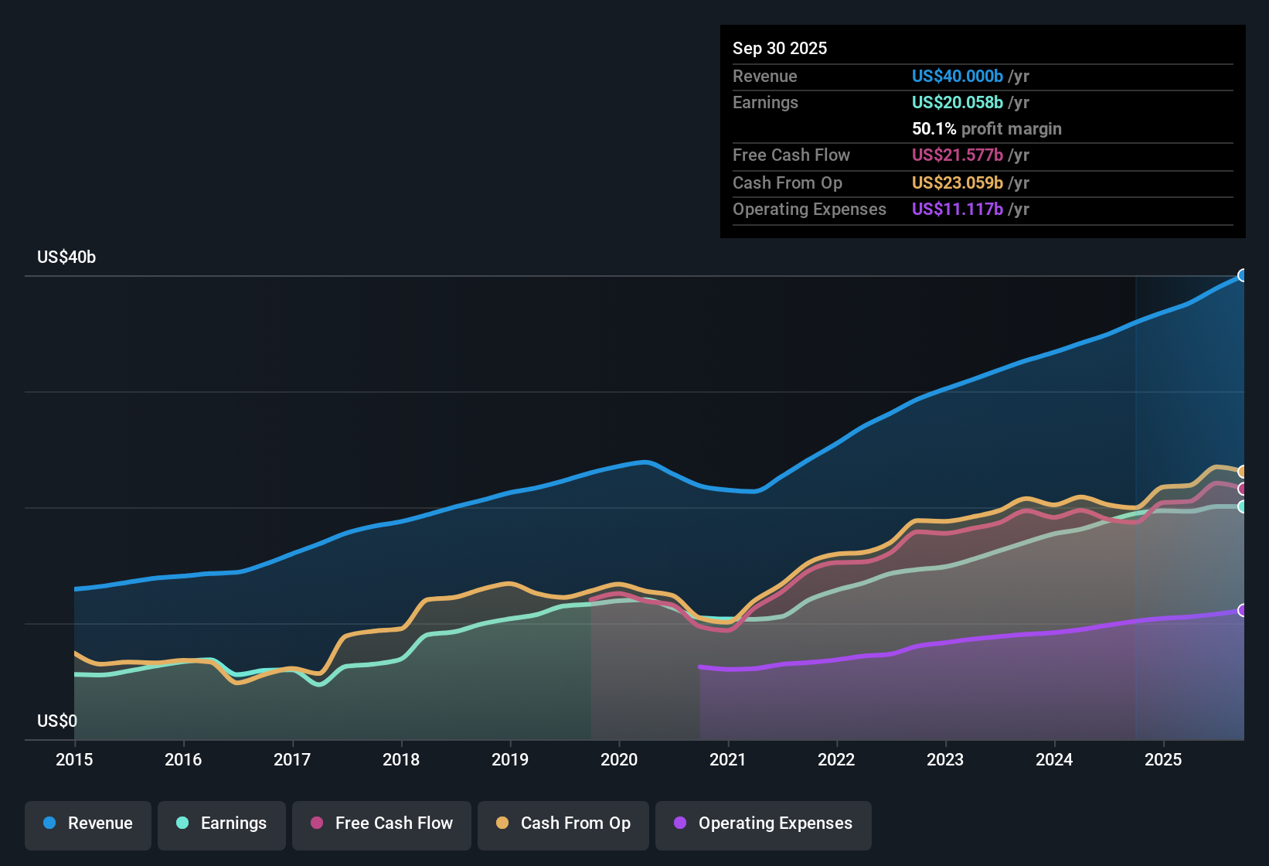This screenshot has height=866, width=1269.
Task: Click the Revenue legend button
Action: (x=88, y=823)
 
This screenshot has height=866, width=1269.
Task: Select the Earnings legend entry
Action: (x=222, y=823)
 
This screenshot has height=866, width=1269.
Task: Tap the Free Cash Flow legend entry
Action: (x=382, y=823)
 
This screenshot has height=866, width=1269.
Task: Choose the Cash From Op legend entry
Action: (x=563, y=823)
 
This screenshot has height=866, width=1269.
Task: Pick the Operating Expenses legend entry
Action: (x=764, y=823)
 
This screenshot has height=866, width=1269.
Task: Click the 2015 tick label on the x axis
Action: (x=74, y=759)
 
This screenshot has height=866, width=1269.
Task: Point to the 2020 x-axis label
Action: (x=619, y=759)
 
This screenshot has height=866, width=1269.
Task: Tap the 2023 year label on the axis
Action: (x=945, y=759)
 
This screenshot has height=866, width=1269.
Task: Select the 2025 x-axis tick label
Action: (x=1163, y=759)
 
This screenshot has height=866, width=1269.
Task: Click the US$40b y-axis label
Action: (x=66, y=257)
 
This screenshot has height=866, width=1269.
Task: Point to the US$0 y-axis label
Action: (x=57, y=721)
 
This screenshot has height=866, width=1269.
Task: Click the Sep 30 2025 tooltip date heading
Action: (x=780, y=49)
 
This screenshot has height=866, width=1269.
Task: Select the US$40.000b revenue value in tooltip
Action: (x=957, y=77)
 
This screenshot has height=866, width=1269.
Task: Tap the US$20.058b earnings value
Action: (x=957, y=103)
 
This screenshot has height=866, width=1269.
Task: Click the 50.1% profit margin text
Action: (x=986, y=129)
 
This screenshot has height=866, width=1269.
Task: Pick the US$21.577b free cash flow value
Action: (x=957, y=155)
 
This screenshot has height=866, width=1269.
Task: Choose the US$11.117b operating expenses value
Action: (x=957, y=210)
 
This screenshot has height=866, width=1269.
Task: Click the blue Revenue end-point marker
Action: (x=1243, y=275)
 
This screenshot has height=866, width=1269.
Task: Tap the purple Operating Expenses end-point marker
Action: (x=1243, y=610)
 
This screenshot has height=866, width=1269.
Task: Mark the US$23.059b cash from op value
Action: (x=957, y=183)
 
